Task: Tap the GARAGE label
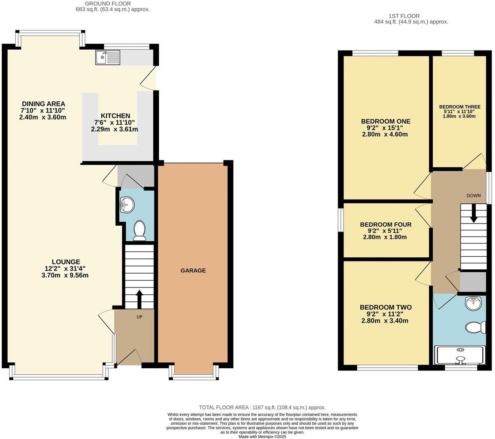193,271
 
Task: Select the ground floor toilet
139,231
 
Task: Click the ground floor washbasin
126,205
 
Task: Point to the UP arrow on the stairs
139,298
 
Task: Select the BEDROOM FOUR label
386,225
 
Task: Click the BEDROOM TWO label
386,308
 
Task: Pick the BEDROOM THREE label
460,107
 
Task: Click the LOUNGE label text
66,262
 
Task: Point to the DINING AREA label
43,104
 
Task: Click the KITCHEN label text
115,116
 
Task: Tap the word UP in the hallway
139,317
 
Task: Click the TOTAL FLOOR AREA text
262,407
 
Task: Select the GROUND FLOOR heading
108,3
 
